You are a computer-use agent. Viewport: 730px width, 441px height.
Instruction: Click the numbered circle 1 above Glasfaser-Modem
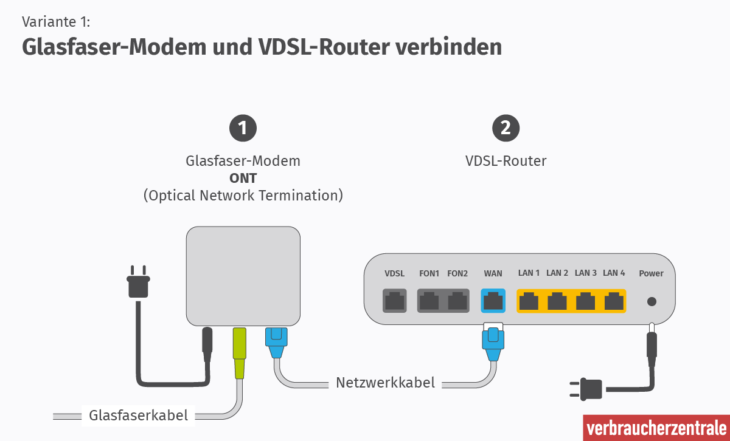tap(243, 128)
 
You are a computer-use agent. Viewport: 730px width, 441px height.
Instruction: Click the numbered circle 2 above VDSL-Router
tap(506, 128)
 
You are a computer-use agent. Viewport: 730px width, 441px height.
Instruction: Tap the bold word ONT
tap(243, 179)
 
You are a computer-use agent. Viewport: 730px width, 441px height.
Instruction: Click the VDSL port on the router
tap(394, 301)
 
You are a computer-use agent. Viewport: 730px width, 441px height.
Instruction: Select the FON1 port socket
tap(429, 301)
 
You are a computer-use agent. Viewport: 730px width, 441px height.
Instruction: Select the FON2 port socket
tap(457, 301)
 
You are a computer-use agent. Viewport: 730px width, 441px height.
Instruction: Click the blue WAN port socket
tap(493, 301)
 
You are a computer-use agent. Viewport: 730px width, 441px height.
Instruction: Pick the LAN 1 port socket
tap(529, 301)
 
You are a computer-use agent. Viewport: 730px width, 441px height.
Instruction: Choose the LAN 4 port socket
tap(614, 301)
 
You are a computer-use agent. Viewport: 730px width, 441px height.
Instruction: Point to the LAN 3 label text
tap(585, 273)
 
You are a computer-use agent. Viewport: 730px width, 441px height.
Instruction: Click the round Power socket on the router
tap(652, 301)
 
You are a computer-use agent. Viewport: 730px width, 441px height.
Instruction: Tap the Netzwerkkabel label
tap(385, 383)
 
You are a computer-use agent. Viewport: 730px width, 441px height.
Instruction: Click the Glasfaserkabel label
tap(138, 415)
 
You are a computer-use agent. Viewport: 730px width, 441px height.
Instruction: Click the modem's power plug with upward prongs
tap(139, 284)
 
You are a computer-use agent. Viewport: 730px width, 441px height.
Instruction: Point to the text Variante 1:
tap(56, 22)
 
